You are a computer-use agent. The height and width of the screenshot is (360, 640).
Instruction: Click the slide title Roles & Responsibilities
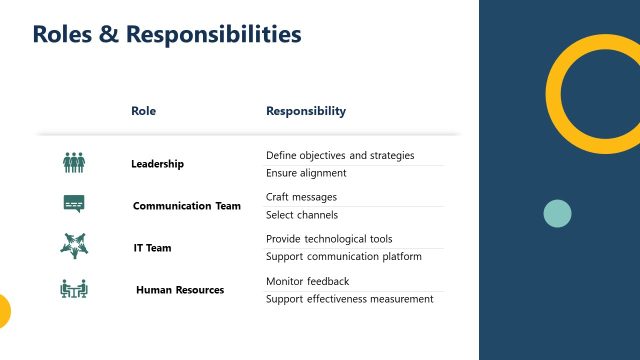coord(167,35)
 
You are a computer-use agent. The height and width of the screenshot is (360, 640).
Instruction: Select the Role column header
coord(144,111)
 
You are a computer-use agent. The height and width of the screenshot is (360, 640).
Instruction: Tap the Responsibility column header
coord(306,111)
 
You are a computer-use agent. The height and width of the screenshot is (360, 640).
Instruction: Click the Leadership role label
coord(157,163)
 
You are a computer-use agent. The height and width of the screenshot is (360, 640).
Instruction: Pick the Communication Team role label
coord(187,206)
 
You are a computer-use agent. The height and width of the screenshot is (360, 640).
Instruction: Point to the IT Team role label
coord(153,248)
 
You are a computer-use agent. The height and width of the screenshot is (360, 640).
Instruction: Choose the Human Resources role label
coord(180,290)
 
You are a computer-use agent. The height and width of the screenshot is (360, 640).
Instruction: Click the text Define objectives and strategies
coord(340,156)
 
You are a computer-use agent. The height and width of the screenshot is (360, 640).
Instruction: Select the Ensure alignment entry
coord(306,173)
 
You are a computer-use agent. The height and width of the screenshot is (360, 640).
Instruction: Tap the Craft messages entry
coord(301,197)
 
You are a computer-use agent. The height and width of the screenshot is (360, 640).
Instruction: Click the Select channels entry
coord(302,215)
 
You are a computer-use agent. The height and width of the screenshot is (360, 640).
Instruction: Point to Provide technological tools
coord(329,239)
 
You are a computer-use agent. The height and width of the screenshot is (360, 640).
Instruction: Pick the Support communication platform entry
coord(344,257)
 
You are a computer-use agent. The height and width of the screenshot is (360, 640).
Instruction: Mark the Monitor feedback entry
coord(307,281)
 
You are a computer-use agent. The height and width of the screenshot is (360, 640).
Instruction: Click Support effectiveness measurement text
coord(349,299)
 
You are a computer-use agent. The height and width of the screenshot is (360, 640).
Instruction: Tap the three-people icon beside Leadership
coord(74,162)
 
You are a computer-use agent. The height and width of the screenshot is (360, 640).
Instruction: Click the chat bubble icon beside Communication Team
coord(74,204)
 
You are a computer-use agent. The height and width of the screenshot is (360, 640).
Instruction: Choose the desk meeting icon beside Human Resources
coord(74,289)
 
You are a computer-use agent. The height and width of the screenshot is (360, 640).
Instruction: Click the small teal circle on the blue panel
coord(557,213)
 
